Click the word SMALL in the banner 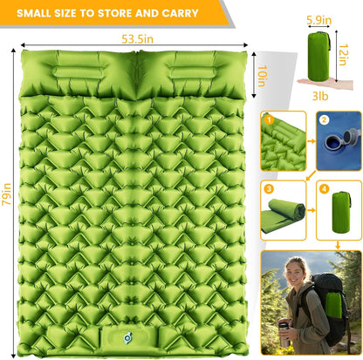coord(35,13)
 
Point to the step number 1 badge coord(271,119)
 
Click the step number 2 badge coord(323,119)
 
